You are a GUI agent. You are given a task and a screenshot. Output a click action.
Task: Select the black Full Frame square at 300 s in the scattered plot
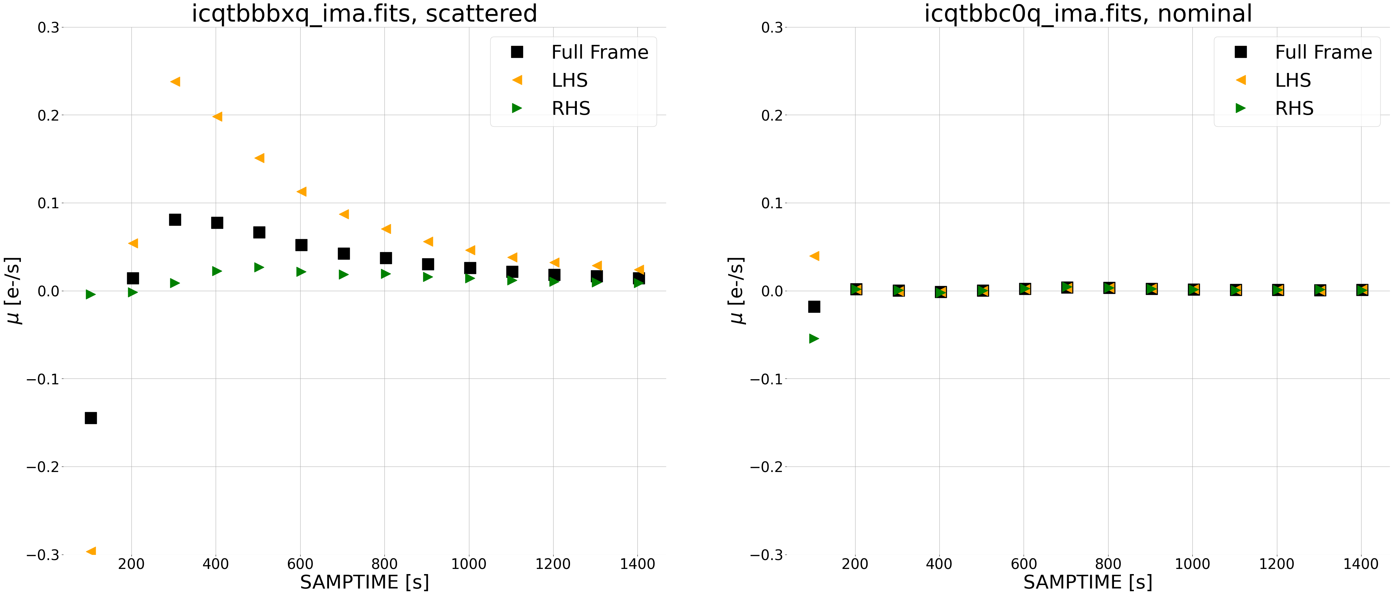(175, 220)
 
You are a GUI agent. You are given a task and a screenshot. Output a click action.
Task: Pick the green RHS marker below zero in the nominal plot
(814, 338)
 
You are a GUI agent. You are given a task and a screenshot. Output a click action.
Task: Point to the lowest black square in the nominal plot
(814, 307)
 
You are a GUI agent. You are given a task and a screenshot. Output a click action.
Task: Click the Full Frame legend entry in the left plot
(599, 52)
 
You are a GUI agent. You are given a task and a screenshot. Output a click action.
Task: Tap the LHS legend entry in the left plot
(569, 80)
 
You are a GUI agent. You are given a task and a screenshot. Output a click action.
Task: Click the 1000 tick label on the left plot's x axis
(468, 564)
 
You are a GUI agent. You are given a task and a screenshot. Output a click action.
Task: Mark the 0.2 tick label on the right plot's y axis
(772, 115)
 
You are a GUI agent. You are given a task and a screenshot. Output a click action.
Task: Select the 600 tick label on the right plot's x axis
(1024, 564)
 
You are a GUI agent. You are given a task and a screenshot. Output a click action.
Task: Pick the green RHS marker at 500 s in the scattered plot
(259, 267)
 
